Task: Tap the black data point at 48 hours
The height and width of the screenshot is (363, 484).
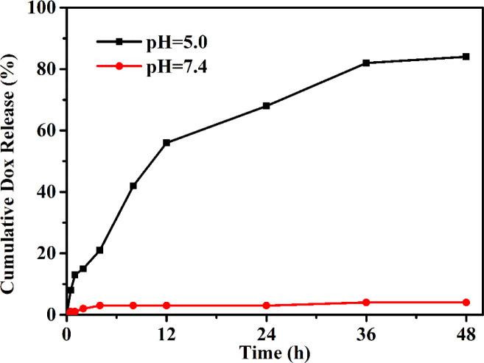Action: pyautogui.click(x=466, y=57)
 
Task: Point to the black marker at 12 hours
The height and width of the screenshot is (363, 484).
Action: pyautogui.click(x=166, y=143)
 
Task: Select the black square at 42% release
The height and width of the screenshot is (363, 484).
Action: pyautogui.click(x=133, y=186)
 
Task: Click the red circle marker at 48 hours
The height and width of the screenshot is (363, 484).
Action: pyautogui.click(x=466, y=302)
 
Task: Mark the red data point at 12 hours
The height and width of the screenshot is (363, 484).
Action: pyautogui.click(x=166, y=305)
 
